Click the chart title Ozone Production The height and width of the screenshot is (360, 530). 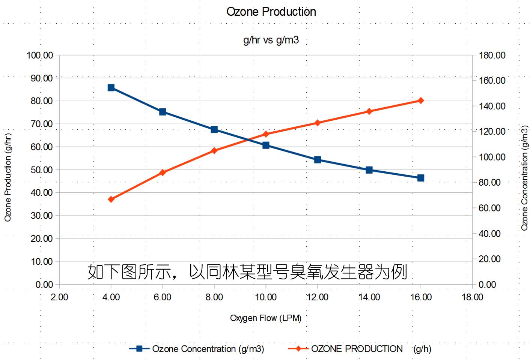pos(271,12)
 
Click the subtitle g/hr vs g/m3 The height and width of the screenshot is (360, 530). pos(271,40)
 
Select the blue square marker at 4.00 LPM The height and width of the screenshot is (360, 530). pos(111,88)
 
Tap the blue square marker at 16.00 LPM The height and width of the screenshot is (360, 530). pos(421,178)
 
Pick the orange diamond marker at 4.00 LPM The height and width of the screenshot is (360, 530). pos(111,199)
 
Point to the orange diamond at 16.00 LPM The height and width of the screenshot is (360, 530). pos(421,100)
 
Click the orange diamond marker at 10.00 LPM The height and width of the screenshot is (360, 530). pos(266,134)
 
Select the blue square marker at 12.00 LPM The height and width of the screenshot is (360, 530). pos(318,160)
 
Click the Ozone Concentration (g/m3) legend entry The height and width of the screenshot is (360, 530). pos(197,349)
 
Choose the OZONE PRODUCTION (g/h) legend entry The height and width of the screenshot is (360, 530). pos(360,349)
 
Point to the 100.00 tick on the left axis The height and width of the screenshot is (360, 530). pos(40,55)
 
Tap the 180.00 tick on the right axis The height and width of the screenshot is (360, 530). pos(492,55)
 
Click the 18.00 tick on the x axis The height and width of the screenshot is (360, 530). pos(472,297)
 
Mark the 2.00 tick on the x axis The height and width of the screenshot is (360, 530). pos(59,297)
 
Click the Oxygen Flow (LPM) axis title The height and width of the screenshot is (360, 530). pos(266,318)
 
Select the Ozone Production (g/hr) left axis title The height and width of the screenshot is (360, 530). pos(8,177)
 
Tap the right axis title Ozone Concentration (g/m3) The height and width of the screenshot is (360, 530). pos(524,178)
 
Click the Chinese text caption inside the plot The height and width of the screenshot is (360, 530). pos(247,271)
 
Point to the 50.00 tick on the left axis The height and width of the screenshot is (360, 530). pos(42,169)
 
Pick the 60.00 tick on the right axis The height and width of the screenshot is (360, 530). pos(489,208)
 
